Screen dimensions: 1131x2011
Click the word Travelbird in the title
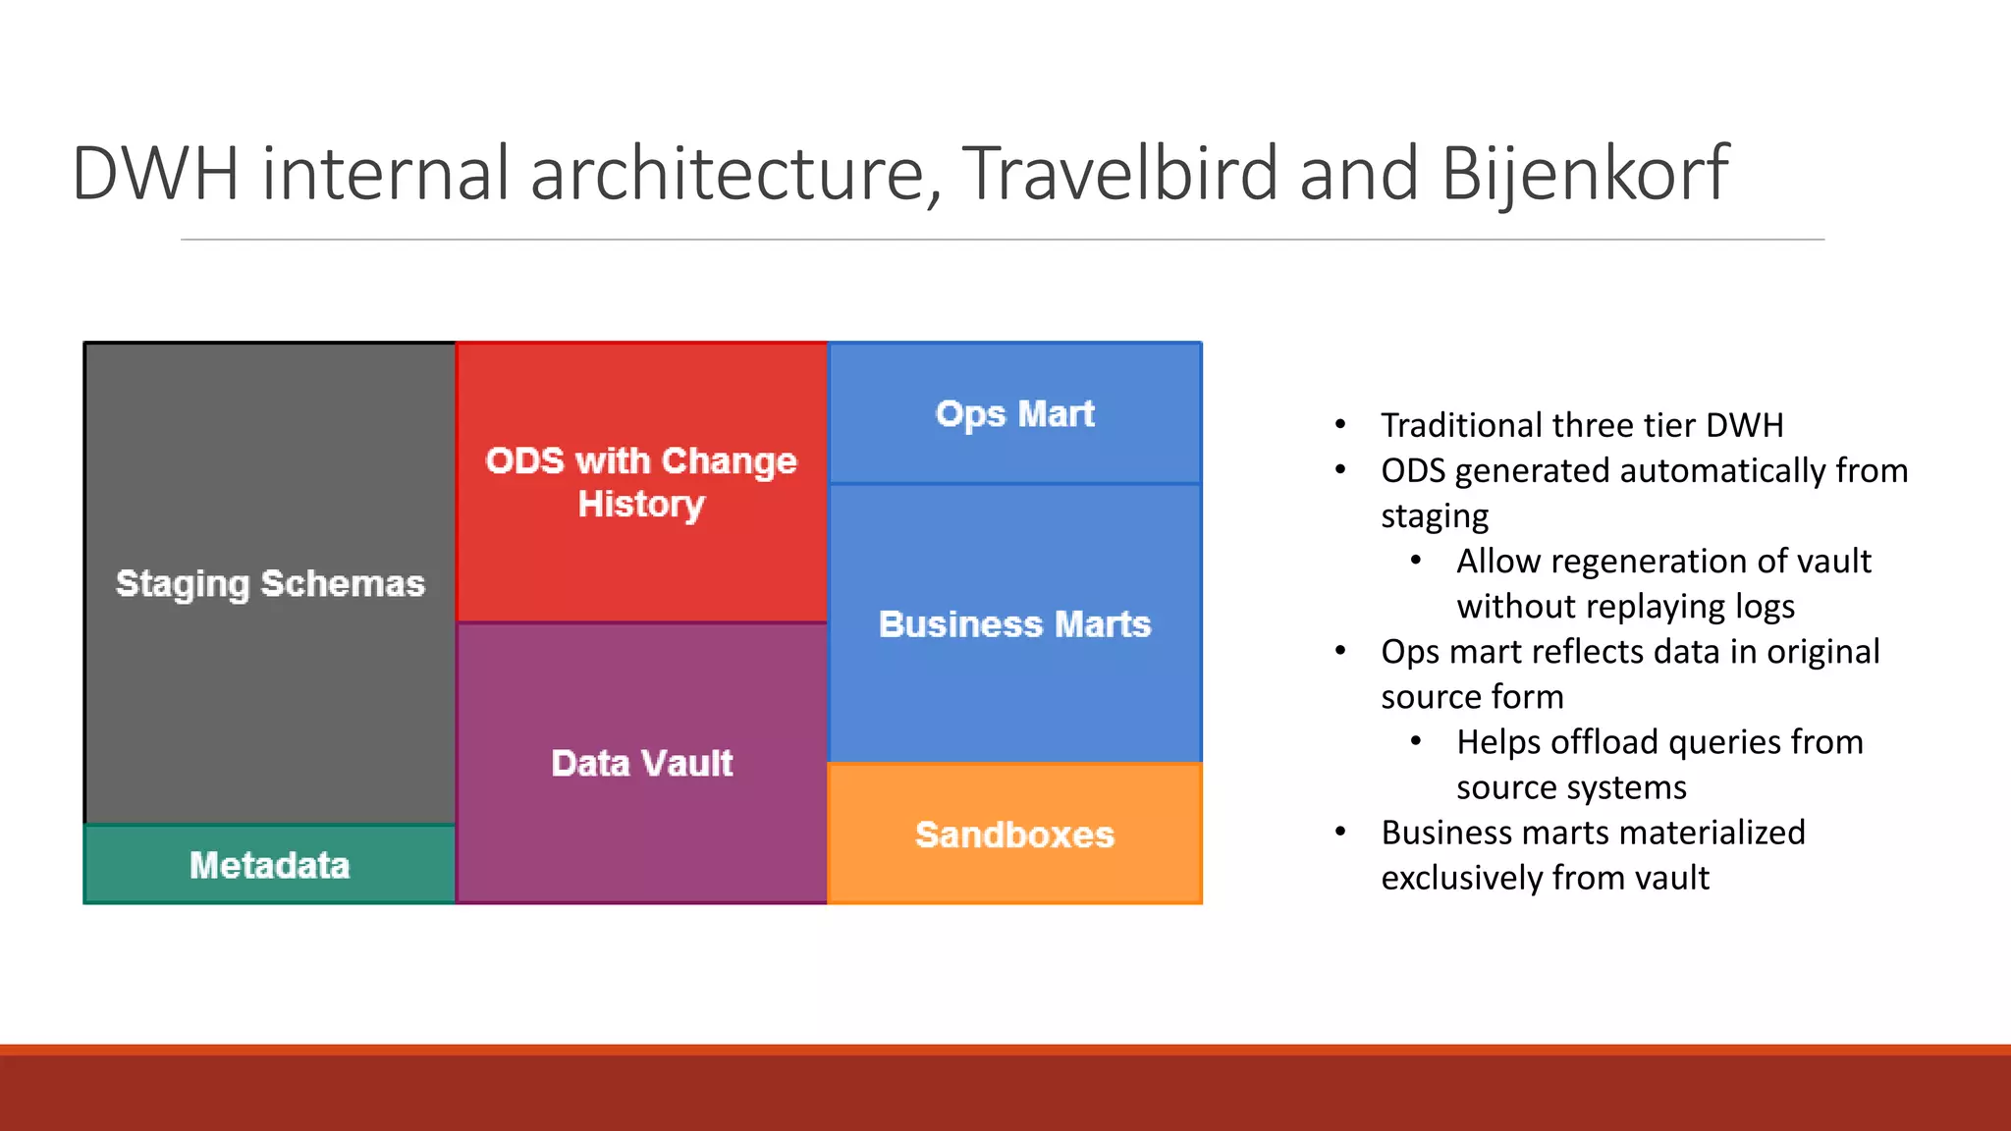(1119, 175)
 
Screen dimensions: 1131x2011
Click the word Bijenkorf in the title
(1584, 175)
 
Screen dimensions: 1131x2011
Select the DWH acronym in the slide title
(155, 175)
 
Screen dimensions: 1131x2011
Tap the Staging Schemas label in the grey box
(270, 583)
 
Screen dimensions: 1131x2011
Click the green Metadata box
(270, 865)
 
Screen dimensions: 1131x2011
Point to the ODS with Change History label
(641, 482)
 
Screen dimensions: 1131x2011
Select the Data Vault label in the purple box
(641, 763)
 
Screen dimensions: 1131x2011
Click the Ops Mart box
(1014, 413)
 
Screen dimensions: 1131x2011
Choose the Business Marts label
(1014, 624)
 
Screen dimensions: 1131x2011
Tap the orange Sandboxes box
(1014, 835)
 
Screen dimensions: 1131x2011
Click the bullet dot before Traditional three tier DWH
(1340, 425)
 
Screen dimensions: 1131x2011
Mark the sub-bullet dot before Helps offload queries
(1416, 742)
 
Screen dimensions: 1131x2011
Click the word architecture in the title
(727, 175)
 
